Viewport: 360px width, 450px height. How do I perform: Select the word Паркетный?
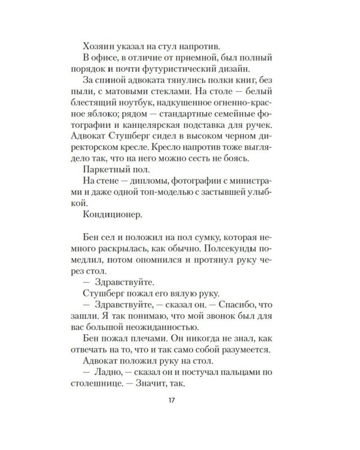pyautogui.click(x=105, y=181)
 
